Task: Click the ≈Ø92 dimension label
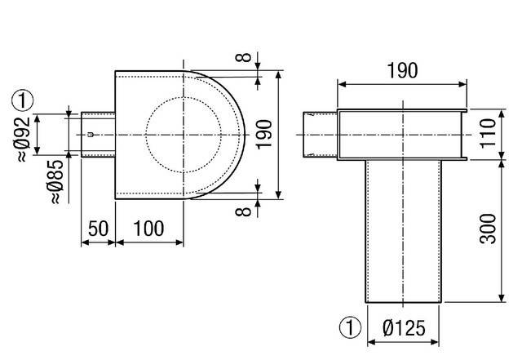24,139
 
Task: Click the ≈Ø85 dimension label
56,182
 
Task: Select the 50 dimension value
98,229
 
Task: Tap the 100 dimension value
148,229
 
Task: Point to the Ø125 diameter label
404,327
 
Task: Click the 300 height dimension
488,229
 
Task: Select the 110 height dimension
488,133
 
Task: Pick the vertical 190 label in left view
264,135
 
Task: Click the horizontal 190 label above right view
402,70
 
